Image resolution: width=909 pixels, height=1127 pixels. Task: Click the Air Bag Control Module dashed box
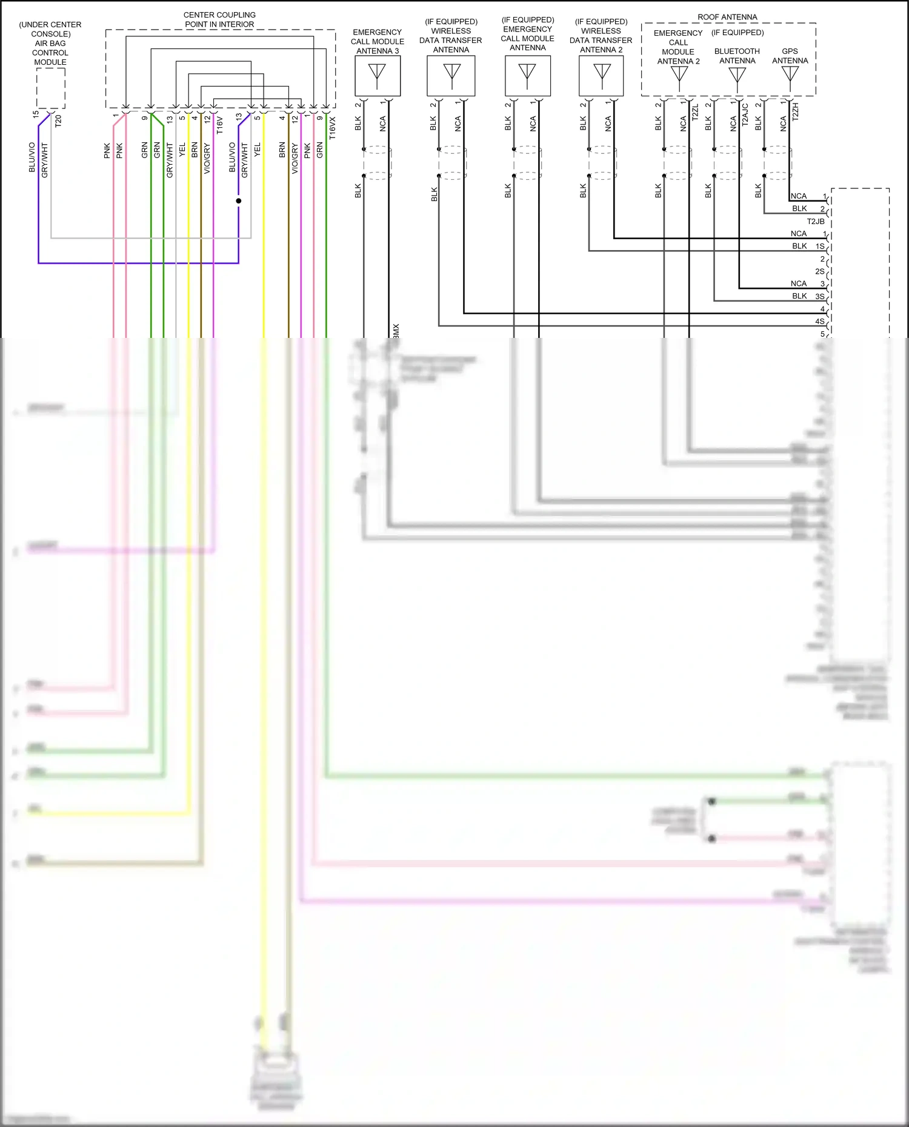pyautogui.click(x=51, y=88)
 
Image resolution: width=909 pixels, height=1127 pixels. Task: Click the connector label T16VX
pyautogui.click(x=333, y=128)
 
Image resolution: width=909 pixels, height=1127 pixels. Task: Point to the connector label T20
pyautogui.click(x=58, y=121)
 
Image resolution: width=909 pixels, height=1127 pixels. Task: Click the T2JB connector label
pyautogui.click(x=816, y=222)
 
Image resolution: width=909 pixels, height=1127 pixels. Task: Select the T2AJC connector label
pyautogui.click(x=745, y=114)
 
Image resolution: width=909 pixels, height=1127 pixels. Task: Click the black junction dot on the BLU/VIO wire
pyautogui.click(x=239, y=200)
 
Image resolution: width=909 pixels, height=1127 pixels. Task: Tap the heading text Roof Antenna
pyautogui.click(x=727, y=17)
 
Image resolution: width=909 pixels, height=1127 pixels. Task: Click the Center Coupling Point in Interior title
pyautogui.click(x=219, y=19)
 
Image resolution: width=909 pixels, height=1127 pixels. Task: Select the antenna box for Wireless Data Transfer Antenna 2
pyautogui.click(x=601, y=76)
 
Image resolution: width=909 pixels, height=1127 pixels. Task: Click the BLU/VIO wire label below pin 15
pyautogui.click(x=32, y=157)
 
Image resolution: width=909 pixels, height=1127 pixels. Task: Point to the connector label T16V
pyautogui.click(x=220, y=125)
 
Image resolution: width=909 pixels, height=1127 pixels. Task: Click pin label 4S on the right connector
pyautogui.click(x=820, y=322)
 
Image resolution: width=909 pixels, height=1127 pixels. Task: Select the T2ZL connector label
pyautogui.click(x=695, y=113)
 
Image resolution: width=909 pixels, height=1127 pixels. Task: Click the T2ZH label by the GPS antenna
pyautogui.click(x=796, y=112)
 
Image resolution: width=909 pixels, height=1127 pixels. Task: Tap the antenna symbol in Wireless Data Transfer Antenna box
pyautogui.click(x=451, y=74)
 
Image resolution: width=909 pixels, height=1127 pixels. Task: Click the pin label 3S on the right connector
pyautogui.click(x=820, y=297)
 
